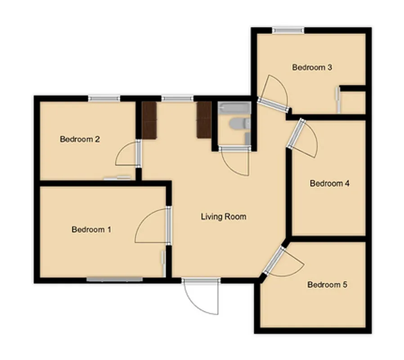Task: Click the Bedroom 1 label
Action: (x=91, y=229)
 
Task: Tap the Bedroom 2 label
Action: (x=80, y=139)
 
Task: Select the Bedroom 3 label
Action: (x=312, y=67)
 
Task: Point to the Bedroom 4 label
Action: (x=330, y=184)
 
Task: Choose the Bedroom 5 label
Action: (x=327, y=285)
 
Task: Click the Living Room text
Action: (x=223, y=217)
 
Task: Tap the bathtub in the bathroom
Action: (x=233, y=108)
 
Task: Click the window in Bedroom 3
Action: (x=288, y=31)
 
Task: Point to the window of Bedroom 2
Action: (x=104, y=98)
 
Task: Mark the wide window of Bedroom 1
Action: (x=114, y=279)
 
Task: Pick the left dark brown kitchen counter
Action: (x=148, y=119)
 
